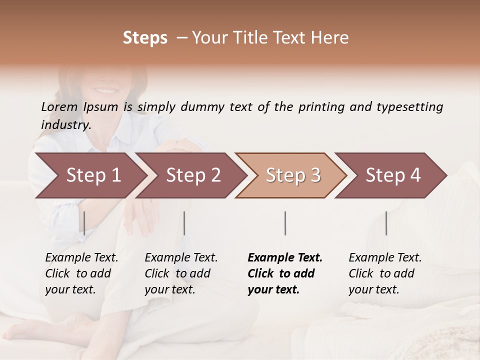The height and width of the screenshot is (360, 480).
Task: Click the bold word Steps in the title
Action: click(145, 38)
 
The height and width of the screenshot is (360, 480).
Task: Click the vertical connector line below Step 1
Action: click(84, 223)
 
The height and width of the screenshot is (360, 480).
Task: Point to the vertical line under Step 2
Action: click(184, 223)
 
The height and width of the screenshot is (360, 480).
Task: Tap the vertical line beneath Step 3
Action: click(285, 223)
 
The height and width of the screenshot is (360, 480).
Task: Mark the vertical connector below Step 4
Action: click(386, 223)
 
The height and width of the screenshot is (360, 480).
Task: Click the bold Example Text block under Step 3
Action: click(285, 273)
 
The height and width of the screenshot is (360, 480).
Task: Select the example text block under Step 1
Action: click(81, 273)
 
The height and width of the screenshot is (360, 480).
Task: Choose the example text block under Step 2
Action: click(181, 273)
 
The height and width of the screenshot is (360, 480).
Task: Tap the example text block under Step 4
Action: click(385, 273)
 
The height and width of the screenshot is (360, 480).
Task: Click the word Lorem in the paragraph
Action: click(59, 107)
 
